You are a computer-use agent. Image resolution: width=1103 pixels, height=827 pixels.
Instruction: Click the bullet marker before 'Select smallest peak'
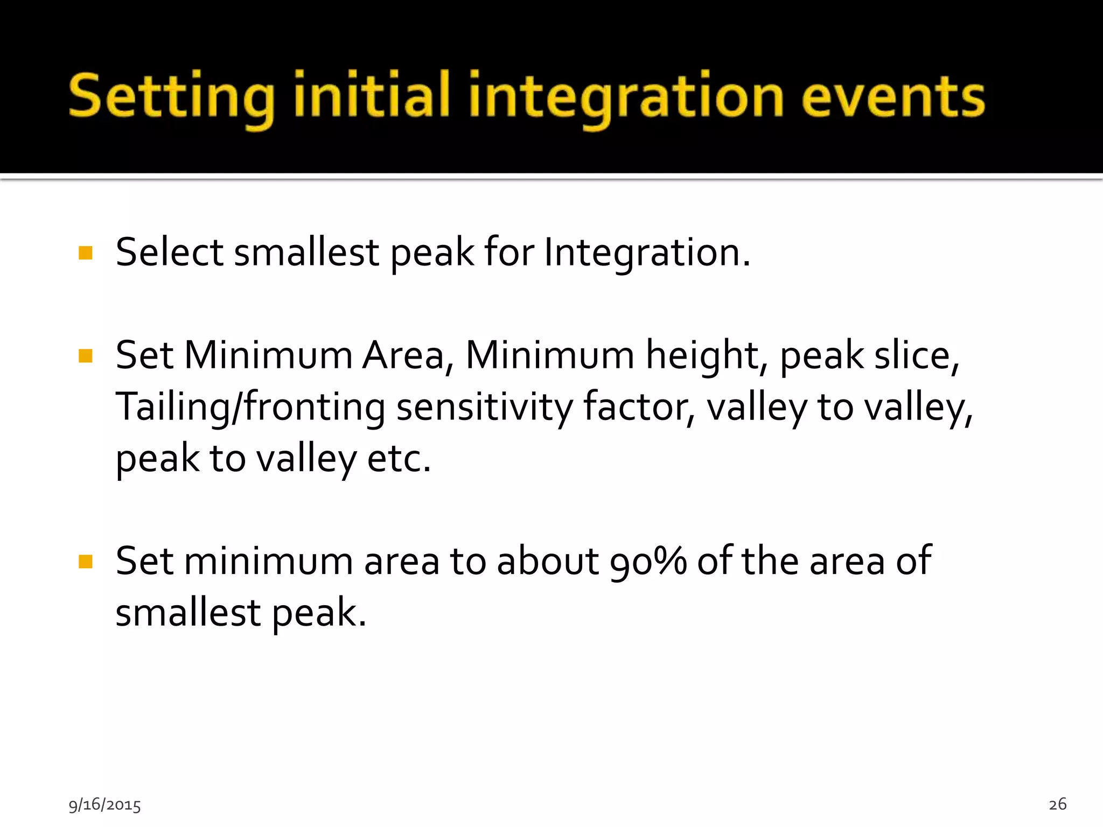coord(86,253)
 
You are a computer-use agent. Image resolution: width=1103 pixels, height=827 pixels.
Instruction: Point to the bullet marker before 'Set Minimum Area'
coord(86,356)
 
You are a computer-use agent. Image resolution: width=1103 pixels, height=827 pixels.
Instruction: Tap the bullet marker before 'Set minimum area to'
coord(86,562)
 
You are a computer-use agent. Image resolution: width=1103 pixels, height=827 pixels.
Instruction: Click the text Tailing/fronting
coord(250,407)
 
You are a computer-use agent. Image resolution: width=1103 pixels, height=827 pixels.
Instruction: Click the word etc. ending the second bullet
coord(399,459)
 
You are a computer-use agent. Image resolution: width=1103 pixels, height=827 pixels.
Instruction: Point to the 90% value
coord(648,562)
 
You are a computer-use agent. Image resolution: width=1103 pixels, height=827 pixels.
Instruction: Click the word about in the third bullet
coord(547,561)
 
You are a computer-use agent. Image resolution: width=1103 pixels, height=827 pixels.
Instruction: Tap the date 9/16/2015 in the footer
coord(104,805)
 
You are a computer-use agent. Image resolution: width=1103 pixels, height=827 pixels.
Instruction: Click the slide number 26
coord(1057,804)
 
